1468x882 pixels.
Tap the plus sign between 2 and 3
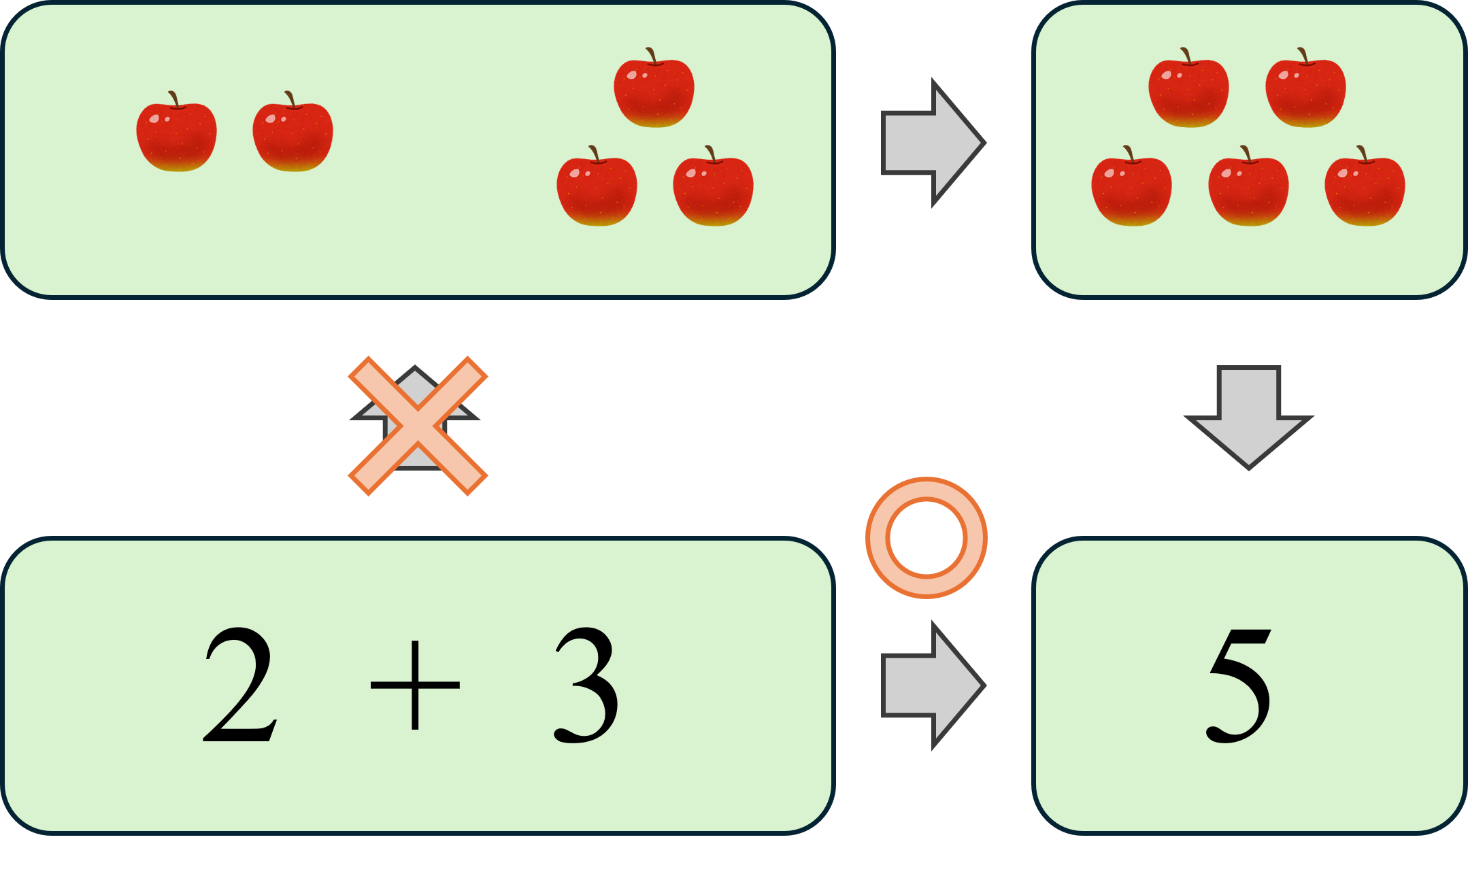(x=415, y=685)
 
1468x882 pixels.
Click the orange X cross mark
(x=418, y=426)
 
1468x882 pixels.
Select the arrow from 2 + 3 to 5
(x=932, y=685)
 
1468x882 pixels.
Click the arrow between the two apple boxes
(x=932, y=143)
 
